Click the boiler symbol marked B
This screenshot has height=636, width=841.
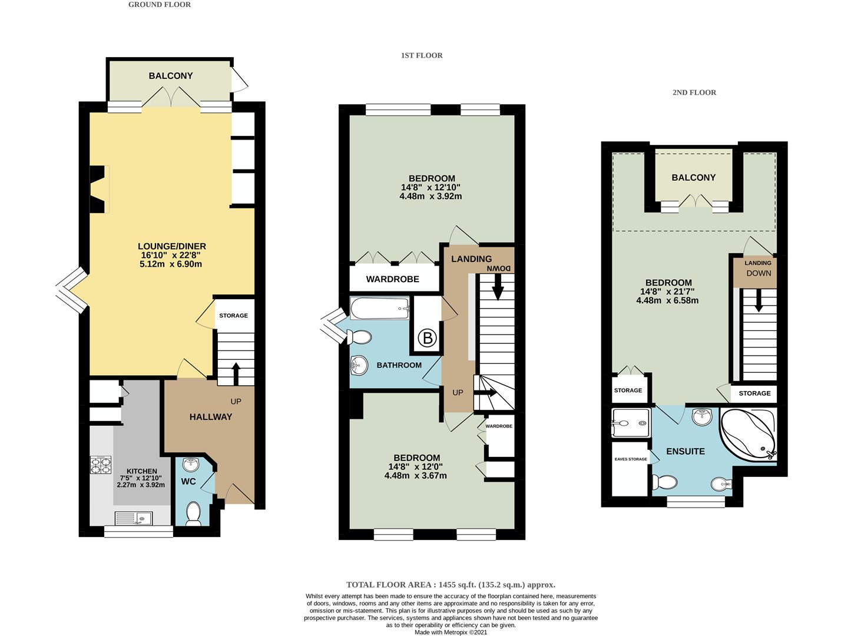click(x=427, y=338)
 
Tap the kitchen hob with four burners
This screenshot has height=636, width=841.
click(x=101, y=465)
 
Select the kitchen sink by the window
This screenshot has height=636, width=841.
click(x=134, y=518)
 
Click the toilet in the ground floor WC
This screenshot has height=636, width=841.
click(x=193, y=514)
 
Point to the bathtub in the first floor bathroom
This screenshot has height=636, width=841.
click(x=379, y=309)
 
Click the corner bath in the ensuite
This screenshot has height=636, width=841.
click(x=749, y=433)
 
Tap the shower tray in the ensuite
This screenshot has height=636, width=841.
click(x=631, y=423)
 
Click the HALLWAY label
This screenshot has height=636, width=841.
click(x=211, y=417)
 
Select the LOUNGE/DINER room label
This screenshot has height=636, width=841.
click(x=172, y=246)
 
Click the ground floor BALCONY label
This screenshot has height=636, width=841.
click(x=171, y=76)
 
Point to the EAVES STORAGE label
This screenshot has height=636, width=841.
click(x=631, y=459)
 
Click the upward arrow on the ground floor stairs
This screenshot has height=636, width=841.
click(x=236, y=373)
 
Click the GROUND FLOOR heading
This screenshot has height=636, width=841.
click(x=160, y=5)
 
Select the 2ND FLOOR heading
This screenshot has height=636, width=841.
click(x=694, y=92)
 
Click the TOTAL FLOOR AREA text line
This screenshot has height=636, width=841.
click(x=451, y=585)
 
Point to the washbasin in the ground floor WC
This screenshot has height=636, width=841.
click(x=190, y=465)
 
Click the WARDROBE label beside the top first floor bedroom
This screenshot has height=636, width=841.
click(x=392, y=279)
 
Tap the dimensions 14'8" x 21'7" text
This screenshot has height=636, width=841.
click(x=667, y=291)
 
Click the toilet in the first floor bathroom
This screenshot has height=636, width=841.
click(x=360, y=337)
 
